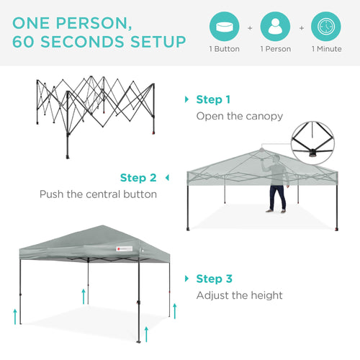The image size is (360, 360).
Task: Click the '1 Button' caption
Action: (x=224, y=49)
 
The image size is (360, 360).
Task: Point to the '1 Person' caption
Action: (x=275, y=49)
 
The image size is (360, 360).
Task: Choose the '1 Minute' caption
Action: (x=326, y=49)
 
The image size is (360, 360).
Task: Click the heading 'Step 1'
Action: (x=213, y=100)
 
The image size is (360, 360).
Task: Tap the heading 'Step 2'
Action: (x=138, y=177)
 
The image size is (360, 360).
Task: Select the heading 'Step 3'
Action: (x=213, y=279)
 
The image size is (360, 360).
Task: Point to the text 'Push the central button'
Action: (x=98, y=194)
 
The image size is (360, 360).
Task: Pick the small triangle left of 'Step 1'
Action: (x=187, y=100)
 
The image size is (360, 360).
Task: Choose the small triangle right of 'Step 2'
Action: (x=167, y=177)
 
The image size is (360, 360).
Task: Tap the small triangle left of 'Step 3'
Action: (x=187, y=279)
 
